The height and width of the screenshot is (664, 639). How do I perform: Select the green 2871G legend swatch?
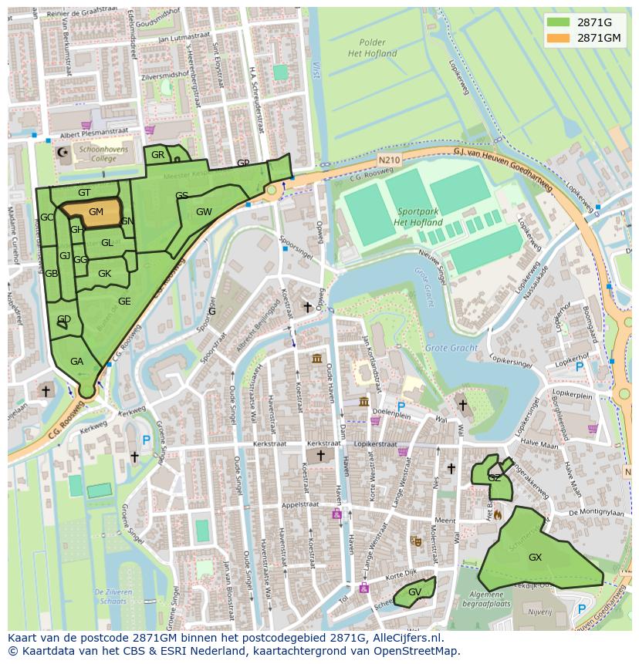click(x=559, y=22)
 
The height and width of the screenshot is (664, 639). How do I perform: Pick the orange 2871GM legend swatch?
click(x=559, y=38)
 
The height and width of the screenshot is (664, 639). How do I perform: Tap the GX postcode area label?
click(x=535, y=557)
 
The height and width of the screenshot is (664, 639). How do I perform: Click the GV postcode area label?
click(x=414, y=592)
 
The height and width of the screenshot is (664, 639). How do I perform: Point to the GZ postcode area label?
click(x=494, y=478)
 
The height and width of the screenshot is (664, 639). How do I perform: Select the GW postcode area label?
click(x=204, y=212)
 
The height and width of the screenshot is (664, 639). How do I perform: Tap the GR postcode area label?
click(x=158, y=155)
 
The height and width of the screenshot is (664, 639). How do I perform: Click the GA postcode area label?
click(x=76, y=361)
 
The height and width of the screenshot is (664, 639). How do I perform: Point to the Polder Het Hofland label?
click(x=372, y=48)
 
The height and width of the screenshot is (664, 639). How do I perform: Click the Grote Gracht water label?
click(x=451, y=348)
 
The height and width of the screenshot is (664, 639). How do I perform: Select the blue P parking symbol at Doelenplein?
click(x=401, y=406)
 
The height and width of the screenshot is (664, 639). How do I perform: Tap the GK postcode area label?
click(x=104, y=274)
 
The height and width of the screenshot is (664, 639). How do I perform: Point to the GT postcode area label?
click(x=84, y=193)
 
